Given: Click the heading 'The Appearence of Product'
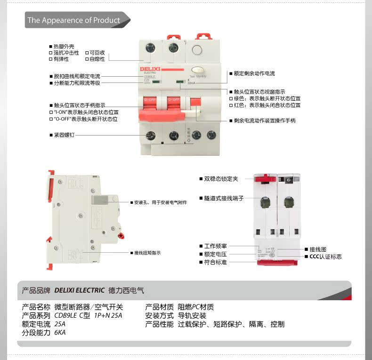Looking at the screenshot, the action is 73,20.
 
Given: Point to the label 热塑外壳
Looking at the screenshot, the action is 64,46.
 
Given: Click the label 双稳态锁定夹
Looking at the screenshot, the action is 221,179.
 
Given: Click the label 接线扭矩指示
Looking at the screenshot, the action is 147,253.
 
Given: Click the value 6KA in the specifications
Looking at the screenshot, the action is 60,333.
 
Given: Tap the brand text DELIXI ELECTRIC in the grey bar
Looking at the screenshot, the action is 80,290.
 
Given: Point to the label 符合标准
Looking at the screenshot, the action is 216,262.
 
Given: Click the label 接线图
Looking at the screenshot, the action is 318,249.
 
